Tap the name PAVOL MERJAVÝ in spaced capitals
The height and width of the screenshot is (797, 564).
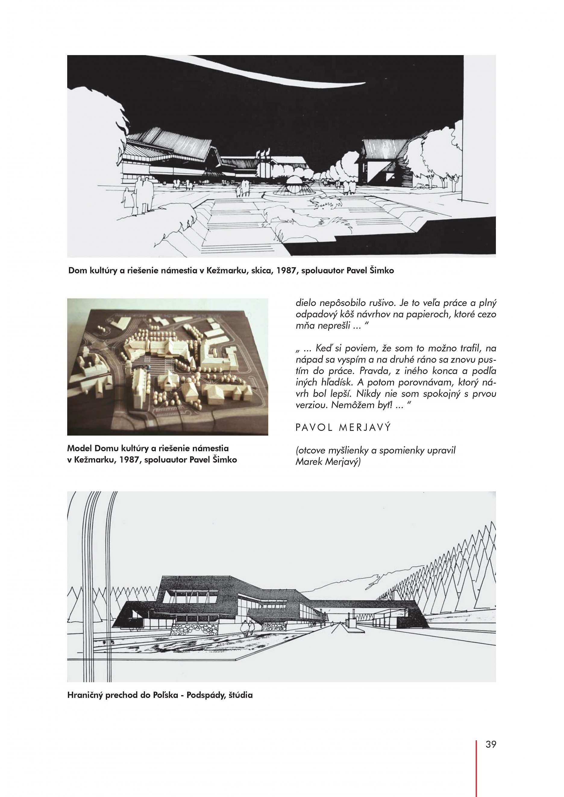pos(343,428)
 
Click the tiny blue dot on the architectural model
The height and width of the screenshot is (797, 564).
pos(149,367)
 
